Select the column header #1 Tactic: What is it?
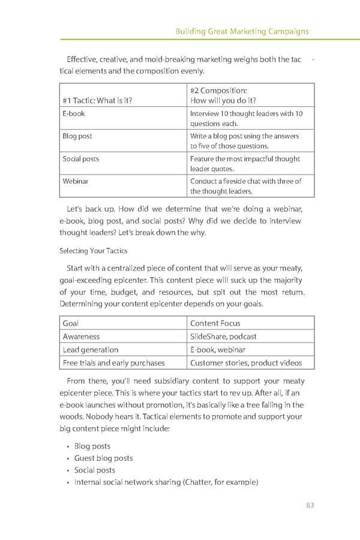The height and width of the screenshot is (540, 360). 97,101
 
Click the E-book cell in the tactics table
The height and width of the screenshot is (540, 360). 74,113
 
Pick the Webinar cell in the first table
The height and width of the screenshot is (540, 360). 76,181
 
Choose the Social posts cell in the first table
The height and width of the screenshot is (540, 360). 81,159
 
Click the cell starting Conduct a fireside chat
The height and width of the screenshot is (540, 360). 245,186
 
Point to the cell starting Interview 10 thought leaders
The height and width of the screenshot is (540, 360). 246,118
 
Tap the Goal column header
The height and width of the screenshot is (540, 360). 71,323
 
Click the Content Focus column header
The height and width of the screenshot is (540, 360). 215,323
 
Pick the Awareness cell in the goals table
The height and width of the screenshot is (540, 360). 81,337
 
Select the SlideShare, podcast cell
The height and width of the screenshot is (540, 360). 223,337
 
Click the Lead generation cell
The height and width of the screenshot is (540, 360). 91,350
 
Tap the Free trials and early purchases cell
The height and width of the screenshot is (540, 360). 113,362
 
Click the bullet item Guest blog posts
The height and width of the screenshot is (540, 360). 103,458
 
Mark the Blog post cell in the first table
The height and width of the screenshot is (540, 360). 77,136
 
